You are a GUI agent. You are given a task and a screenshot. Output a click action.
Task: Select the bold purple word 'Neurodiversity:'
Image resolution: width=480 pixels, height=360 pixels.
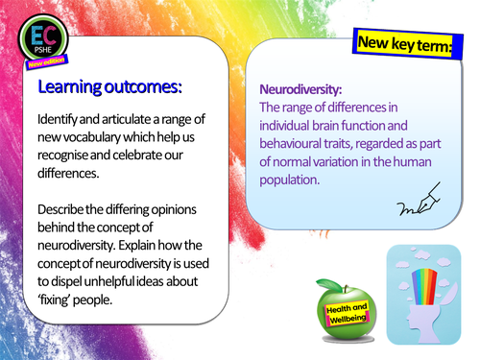coord(300,88)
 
